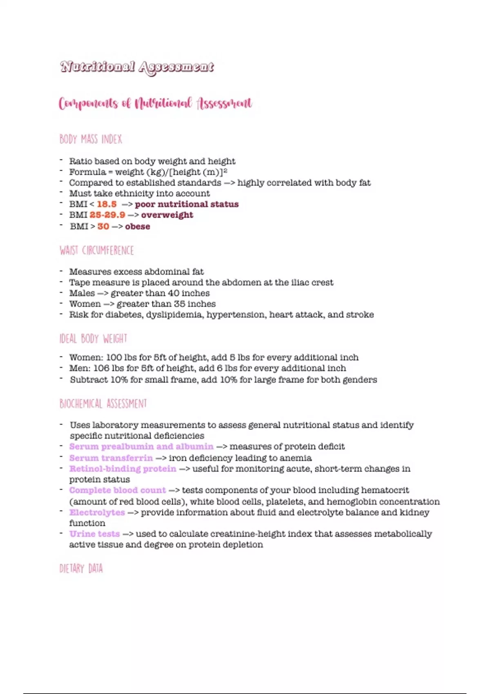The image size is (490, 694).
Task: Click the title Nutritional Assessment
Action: [137, 67]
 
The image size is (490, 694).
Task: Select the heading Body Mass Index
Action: [91, 140]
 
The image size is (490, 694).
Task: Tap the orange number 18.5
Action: [107, 204]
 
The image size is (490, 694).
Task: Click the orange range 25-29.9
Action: [107, 215]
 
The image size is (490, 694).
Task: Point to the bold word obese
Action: [138, 226]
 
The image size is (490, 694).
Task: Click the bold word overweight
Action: [167, 215]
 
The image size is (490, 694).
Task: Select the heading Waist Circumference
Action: [97, 250]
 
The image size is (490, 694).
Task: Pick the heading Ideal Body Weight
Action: [94, 339]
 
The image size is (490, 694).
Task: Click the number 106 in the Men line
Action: [101, 368]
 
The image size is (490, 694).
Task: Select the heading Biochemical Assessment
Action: [103, 404]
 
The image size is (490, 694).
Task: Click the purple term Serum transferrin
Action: [111, 458]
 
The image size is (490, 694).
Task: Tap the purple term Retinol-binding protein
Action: [122, 469]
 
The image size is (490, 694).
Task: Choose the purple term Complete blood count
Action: [118, 490]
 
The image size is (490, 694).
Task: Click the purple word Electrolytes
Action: [97, 512]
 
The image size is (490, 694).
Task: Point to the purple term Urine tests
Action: [94, 534]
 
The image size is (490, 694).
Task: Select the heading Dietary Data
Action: [81, 568]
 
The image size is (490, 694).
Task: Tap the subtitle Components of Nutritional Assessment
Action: [155, 104]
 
